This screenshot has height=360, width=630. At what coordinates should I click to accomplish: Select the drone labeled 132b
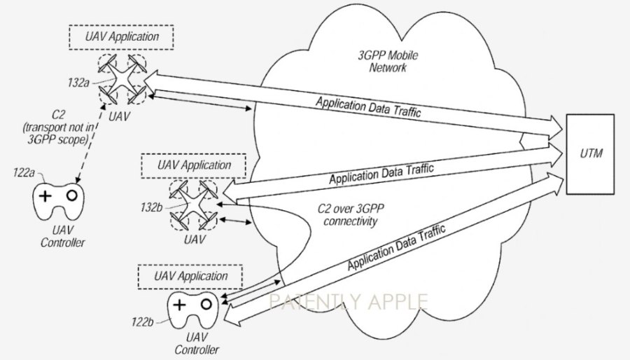coord(194,203)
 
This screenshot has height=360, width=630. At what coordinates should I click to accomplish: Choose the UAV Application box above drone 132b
coord(194,166)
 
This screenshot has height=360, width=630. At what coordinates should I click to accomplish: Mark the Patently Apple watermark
coord(349,303)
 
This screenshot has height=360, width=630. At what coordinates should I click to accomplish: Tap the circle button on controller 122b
coord(206,304)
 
